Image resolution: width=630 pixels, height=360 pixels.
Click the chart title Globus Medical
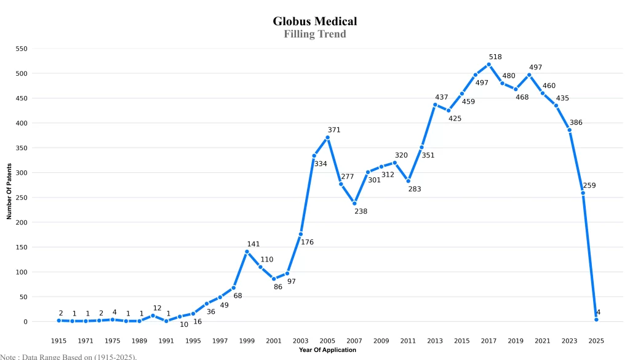(x=315, y=21)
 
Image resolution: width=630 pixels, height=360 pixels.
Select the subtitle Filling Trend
(x=315, y=34)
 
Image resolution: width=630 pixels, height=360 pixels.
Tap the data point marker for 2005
(x=327, y=137)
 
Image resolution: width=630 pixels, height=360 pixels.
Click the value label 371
(x=334, y=130)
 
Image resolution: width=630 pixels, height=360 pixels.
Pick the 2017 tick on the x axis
(x=488, y=340)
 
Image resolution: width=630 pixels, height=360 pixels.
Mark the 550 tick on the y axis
(x=21, y=49)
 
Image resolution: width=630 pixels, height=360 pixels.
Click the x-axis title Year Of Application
(x=327, y=350)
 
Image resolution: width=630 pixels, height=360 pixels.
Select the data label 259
(x=589, y=185)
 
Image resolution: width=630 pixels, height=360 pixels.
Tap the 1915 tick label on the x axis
(x=58, y=340)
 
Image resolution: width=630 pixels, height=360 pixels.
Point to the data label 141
(x=253, y=244)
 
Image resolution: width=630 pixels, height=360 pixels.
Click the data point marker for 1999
(x=247, y=252)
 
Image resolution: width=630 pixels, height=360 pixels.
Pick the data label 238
(x=361, y=211)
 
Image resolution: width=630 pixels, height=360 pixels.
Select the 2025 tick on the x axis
(x=596, y=340)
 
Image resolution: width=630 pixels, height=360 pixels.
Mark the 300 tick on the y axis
(x=21, y=172)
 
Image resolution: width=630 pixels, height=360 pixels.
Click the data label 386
(x=576, y=122)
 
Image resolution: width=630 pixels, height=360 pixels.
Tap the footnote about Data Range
(x=68, y=356)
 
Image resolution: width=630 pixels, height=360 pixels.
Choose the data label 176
(x=307, y=242)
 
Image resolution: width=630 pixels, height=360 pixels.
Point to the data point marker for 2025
(x=596, y=319)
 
